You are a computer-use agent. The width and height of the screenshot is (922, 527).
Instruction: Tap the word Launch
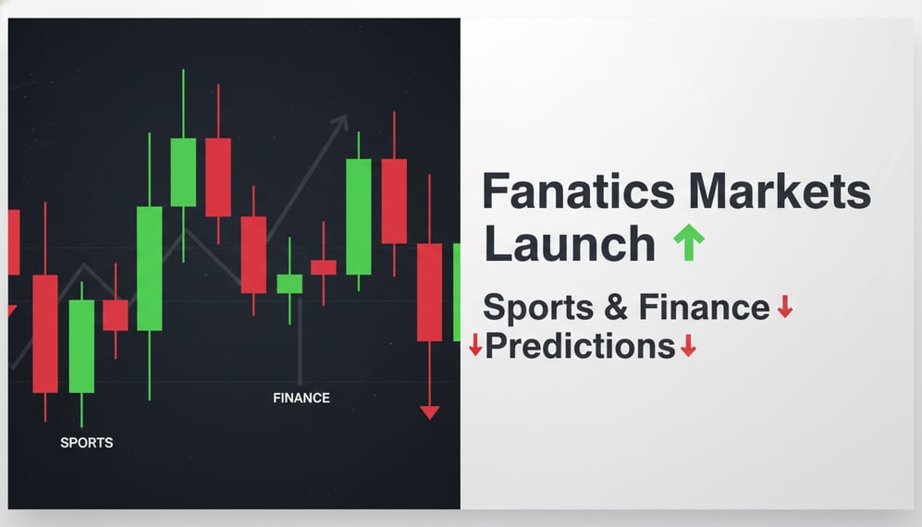coord(569,244)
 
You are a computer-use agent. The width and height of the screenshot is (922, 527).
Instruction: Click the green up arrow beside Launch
coord(688,243)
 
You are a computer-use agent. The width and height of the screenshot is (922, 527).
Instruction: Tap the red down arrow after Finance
coord(784,306)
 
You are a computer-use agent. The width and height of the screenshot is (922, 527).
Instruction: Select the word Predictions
coord(580,347)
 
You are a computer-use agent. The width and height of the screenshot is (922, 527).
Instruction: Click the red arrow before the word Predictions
coord(475,346)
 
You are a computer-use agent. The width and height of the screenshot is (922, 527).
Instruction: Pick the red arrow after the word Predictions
coord(687,346)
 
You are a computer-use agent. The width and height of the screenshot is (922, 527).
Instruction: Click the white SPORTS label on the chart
coord(87,443)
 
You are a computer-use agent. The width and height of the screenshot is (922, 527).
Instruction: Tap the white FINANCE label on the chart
coord(301,398)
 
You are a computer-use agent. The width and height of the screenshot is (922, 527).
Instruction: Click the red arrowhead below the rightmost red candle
coord(429,411)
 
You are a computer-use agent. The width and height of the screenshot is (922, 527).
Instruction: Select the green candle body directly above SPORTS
coord(81,346)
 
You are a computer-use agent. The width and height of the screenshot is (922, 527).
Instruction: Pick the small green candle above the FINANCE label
coord(289,284)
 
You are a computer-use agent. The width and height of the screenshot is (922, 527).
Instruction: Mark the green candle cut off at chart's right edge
coord(456,292)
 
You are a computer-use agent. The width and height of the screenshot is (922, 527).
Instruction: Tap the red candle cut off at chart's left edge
coord(14,242)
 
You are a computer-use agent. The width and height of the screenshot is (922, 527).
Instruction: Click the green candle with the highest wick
coord(183,172)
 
